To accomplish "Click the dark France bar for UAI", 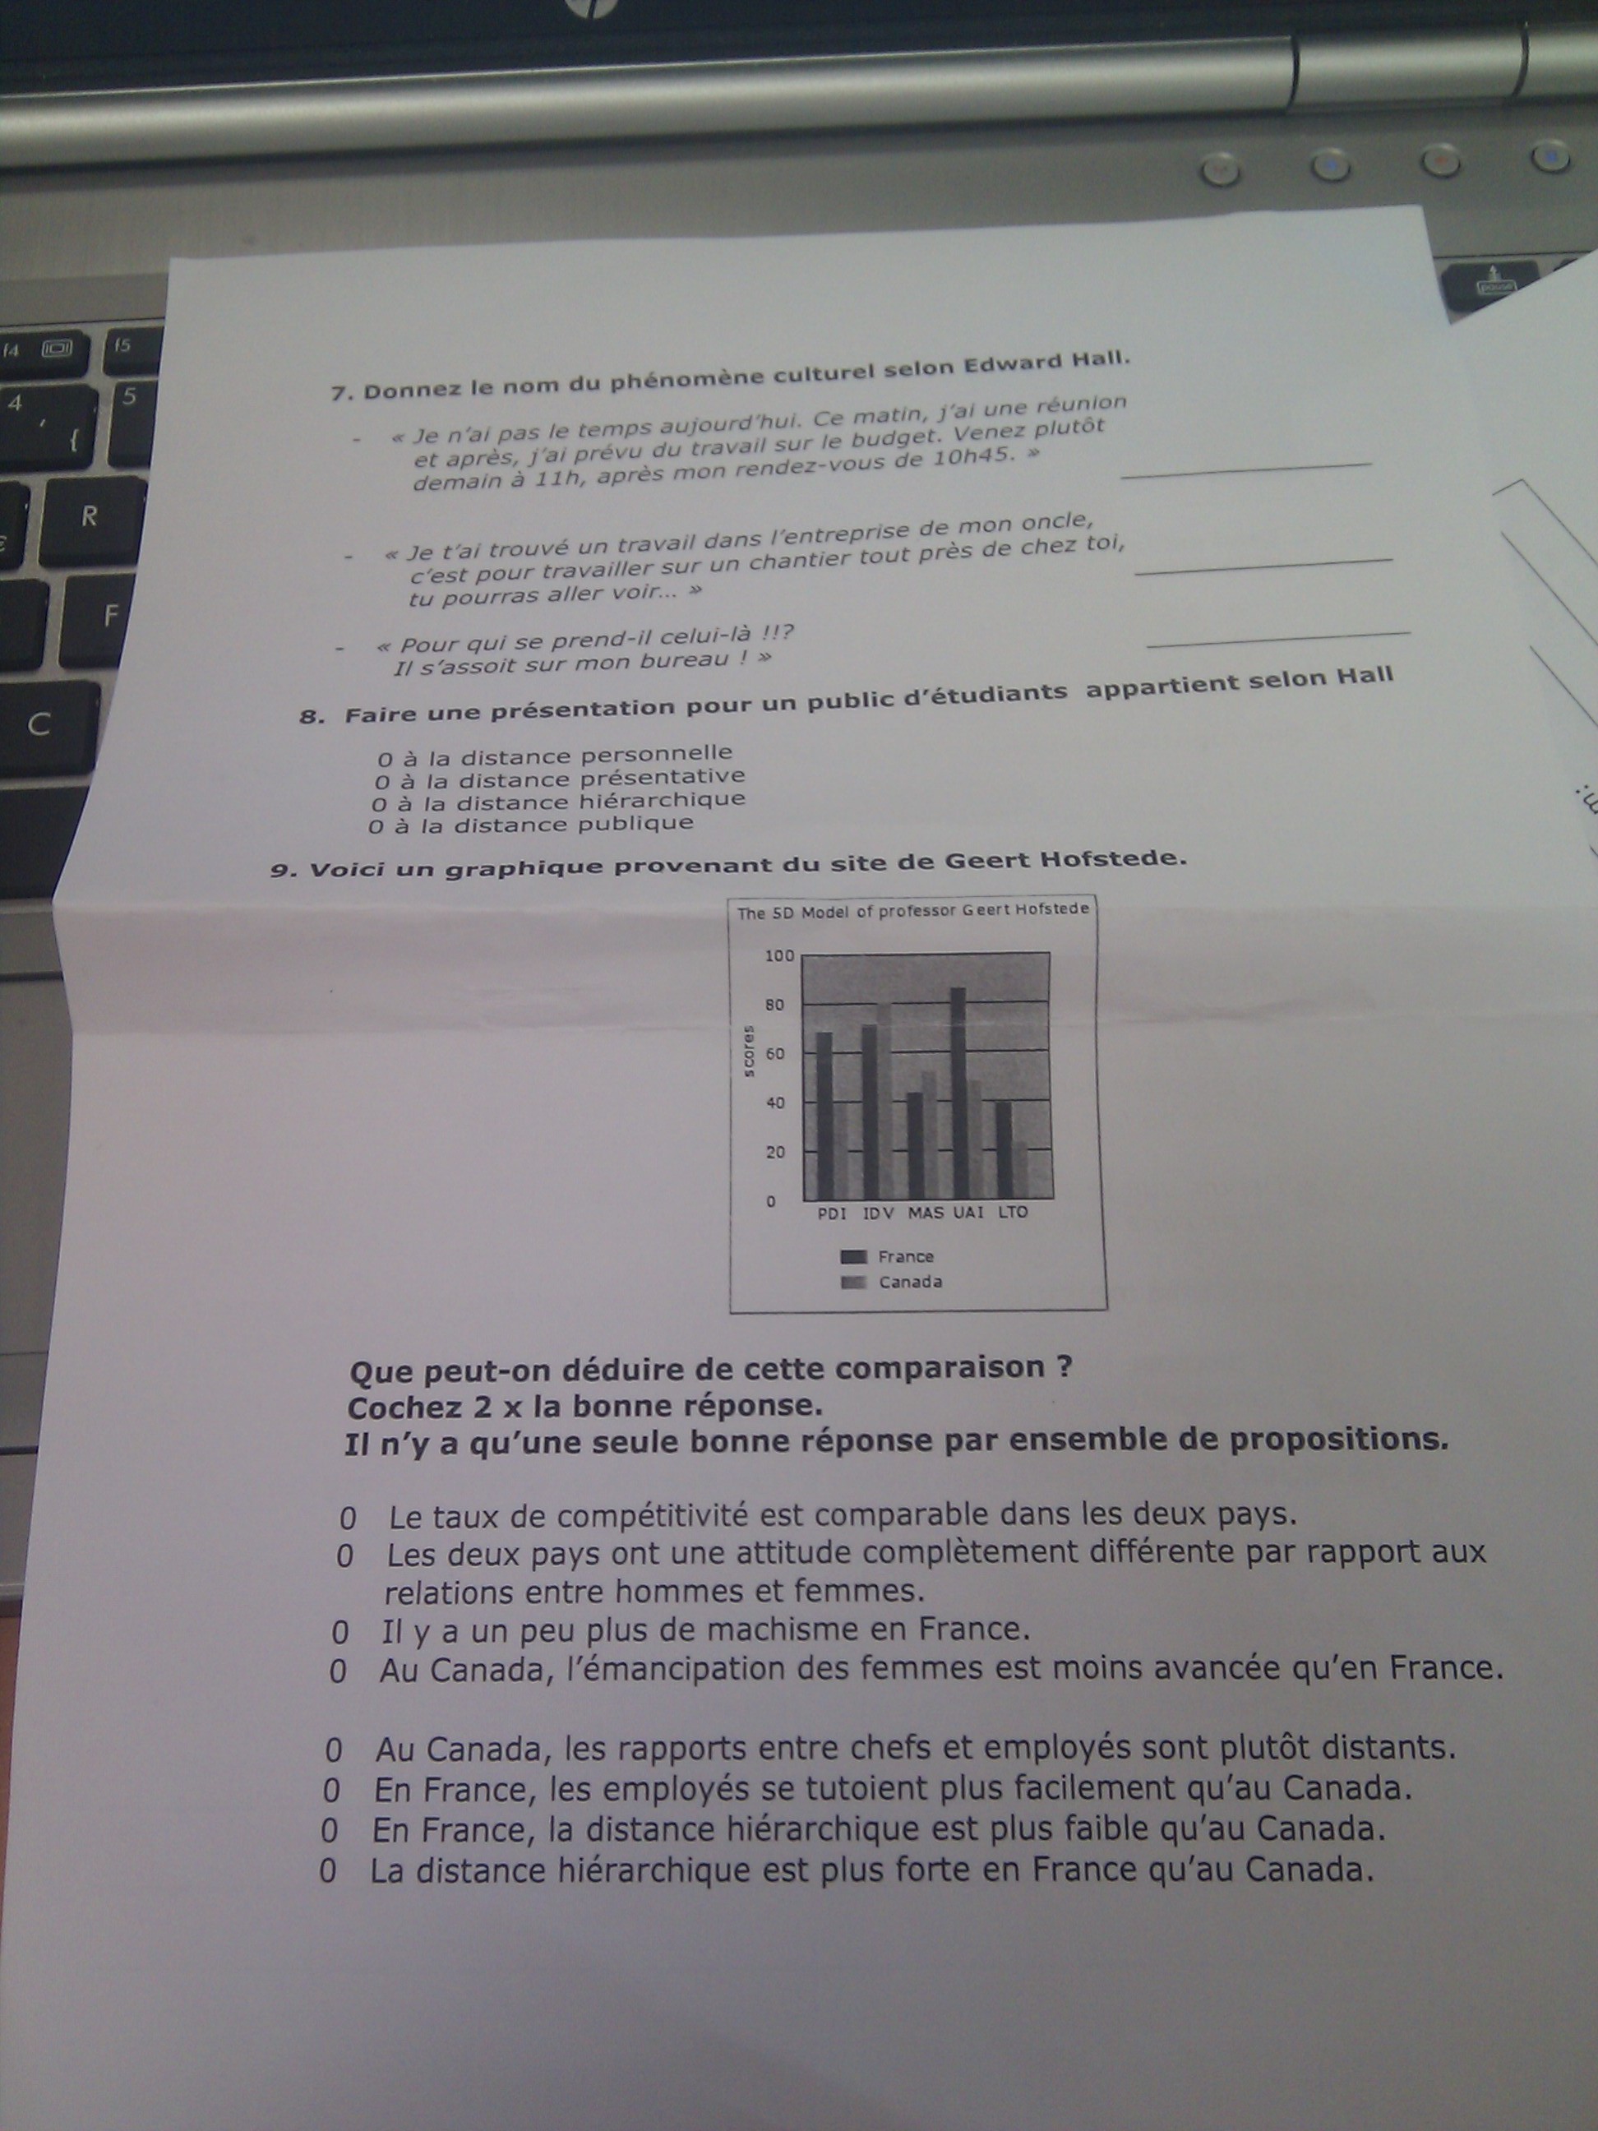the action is click(958, 1092).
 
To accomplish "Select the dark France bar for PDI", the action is click(824, 1115).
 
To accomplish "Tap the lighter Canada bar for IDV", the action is click(884, 1100).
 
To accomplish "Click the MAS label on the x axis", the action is click(926, 1213).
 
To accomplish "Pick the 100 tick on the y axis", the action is click(779, 955).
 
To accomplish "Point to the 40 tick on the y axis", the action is click(775, 1103).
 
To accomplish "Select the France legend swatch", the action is click(853, 1257).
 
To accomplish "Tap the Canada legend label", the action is click(910, 1283).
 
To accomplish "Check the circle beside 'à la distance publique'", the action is click(376, 825).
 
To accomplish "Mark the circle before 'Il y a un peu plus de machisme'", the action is click(340, 1632).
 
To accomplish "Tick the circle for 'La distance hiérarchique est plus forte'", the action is click(327, 1872).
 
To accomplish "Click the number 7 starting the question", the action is click(338, 393).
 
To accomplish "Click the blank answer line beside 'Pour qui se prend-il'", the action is click(1279, 638).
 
